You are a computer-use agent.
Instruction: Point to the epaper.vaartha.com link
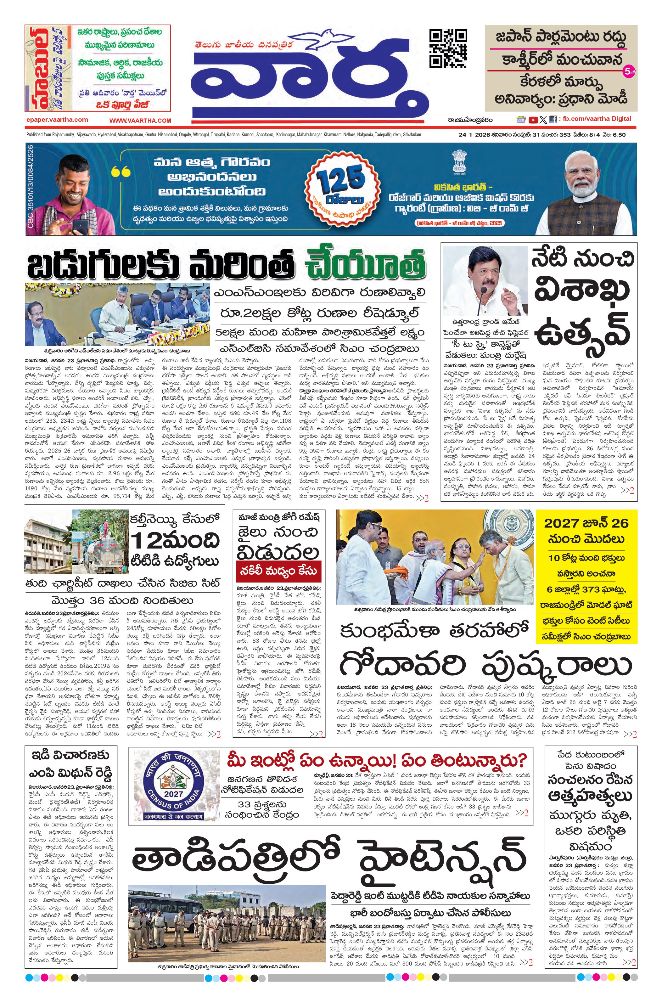pyautogui.click(x=57, y=120)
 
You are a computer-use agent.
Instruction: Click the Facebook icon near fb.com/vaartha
pyautogui.click(x=553, y=120)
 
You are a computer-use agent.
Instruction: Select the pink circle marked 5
pyautogui.click(x=628, y=72)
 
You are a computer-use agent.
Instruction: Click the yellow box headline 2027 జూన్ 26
pyautogui.click(x=586, y=523)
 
